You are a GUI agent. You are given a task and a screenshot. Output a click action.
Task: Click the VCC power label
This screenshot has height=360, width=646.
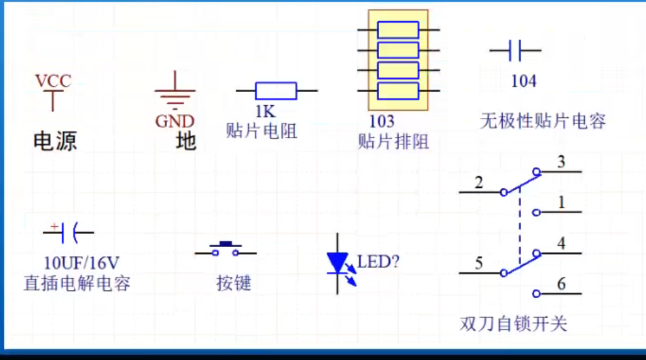[53, 81]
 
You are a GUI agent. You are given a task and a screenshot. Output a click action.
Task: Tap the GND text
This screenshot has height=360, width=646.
[175, 121]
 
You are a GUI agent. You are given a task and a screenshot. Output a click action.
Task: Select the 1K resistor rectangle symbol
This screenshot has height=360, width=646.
[276, 91]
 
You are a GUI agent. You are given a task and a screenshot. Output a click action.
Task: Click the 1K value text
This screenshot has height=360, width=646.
[265, 112]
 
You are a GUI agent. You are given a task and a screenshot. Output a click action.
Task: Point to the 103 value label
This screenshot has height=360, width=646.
[382, 120]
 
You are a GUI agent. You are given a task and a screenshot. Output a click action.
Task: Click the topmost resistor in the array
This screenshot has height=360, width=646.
[398, 30]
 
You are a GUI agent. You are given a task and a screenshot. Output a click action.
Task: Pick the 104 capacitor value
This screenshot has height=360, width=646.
[524, 81]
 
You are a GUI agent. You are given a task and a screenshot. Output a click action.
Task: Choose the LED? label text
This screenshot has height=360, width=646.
[379, 261]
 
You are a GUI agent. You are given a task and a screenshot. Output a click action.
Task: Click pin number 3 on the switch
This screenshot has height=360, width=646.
[561, 162]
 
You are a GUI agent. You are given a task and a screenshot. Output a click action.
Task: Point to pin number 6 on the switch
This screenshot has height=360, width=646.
[561, 284]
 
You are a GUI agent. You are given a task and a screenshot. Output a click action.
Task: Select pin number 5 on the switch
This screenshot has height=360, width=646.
[479, 264]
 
